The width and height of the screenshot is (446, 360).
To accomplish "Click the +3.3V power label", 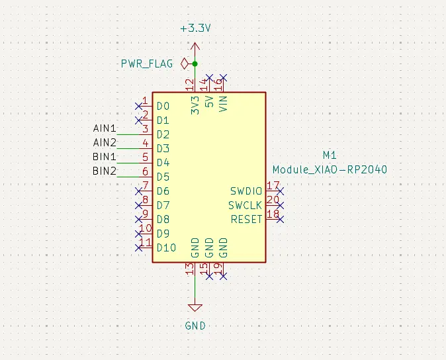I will click(195, 29).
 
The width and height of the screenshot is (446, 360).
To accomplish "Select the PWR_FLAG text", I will click(146, 64).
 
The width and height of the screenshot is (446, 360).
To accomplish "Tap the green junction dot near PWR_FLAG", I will click(195, 64).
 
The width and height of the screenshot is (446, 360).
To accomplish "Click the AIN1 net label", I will click(105, 128).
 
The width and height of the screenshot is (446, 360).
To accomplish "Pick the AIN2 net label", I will click(105, 142).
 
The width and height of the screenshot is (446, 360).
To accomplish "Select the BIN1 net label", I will click(105, 157).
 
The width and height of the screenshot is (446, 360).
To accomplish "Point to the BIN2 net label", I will click(105, 171).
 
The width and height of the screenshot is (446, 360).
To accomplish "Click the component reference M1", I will click(330, 156).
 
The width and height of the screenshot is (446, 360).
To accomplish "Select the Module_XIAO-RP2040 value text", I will click(330, 170).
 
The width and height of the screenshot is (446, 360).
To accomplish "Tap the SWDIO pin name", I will click(245, 191).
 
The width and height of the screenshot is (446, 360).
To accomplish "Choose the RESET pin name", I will click(246, 219).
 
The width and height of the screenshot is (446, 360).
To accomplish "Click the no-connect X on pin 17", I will click(281, 191).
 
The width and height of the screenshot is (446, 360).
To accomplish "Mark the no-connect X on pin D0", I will click(138, 105).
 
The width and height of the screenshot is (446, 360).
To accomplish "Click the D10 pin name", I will click(166, 247).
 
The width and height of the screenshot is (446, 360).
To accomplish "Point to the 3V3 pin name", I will click(195, 107).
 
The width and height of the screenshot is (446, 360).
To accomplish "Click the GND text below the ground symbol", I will click(195, 326).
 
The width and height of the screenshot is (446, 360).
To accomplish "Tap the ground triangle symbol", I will click(195, 308).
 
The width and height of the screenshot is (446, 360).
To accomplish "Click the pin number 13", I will click(191, 269).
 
